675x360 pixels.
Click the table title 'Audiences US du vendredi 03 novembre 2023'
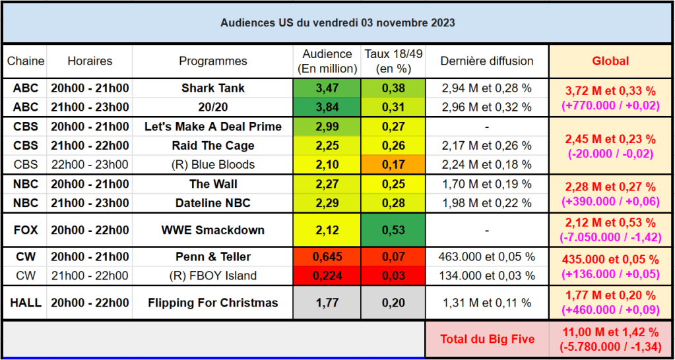[x=337, y=22]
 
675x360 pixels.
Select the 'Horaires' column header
[x=90, y=61]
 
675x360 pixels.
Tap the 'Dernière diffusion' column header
[x=487, y=61]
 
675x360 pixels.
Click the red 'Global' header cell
[x=610, y=61]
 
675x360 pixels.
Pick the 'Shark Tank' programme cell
[x=212, y=88]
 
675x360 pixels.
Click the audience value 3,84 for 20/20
[x=328, y=107]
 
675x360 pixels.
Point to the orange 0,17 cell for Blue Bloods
[x=393, y=165]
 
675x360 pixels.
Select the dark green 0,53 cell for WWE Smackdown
[x=393, y=230]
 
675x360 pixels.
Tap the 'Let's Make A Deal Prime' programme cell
[x=212, y=127]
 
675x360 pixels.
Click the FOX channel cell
[x=26, y=230]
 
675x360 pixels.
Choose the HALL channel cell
[x=26, y=303]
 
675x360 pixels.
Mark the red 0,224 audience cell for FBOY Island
[x=328, y=276]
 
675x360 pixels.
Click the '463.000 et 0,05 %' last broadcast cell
[x=487, y=256]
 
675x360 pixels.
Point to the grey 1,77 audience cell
[x=328, y=303]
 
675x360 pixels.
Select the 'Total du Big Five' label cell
[x=487, y=340]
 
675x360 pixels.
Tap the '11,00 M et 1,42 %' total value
[x=610, y=332]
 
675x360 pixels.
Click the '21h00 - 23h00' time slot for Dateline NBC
[x=90, y=203]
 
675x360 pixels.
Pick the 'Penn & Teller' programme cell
[x=212, y=256]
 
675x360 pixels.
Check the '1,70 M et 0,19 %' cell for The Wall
[x=487, y=184]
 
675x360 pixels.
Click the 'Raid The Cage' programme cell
[x=212, y=146]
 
